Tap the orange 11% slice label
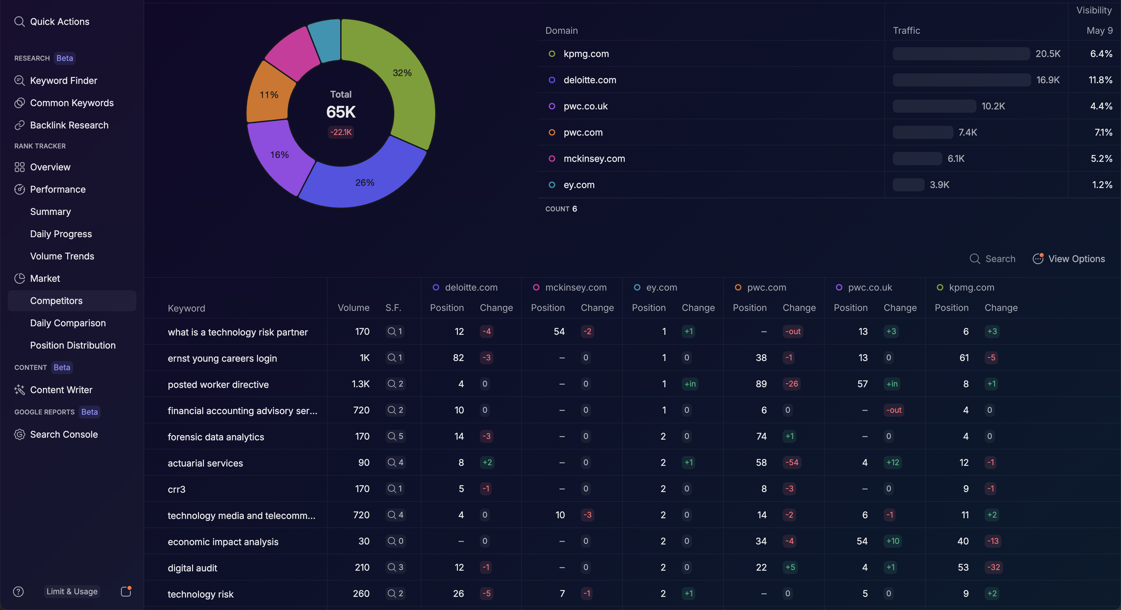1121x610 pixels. [269, 95]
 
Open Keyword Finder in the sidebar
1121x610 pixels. [64, 81]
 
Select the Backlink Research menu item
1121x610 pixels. [69, 125]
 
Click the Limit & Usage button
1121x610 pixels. [72, 591]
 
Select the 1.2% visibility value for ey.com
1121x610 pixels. [1102, 185]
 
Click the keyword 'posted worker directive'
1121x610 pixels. [218, 385]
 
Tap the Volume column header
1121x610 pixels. [353, 308]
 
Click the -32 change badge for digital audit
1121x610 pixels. [993, 567]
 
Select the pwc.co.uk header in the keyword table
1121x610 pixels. [870, 288]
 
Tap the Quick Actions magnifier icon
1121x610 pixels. [19, 22]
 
